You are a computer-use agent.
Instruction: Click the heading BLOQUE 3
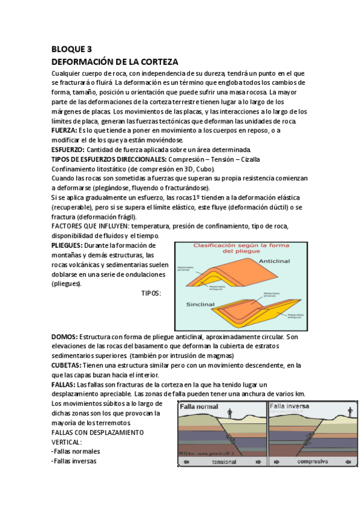pyautogui.click(x=72, y=50)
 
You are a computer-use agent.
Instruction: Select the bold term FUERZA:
pyautogui.click(x=64, y=131)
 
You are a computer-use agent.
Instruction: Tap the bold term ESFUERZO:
pyautogui.click(x=68, y=149)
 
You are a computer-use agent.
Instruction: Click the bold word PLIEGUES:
pyautogui.click(x=67, y=245)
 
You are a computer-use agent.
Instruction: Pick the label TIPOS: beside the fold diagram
pyautogui.click(x=151, y=293)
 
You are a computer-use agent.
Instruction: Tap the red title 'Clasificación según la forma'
pyautogui.click(x=245, y=247)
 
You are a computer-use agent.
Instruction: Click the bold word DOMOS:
pyautogui.click(x=64, y=337)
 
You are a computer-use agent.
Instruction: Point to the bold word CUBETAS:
pyautogui.click(x=67, y=366)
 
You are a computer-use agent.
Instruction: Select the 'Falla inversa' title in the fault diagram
pyautogui.click(x=290, y=406)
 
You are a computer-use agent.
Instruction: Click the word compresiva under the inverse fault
pyautogui.click(x=312, y=462)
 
